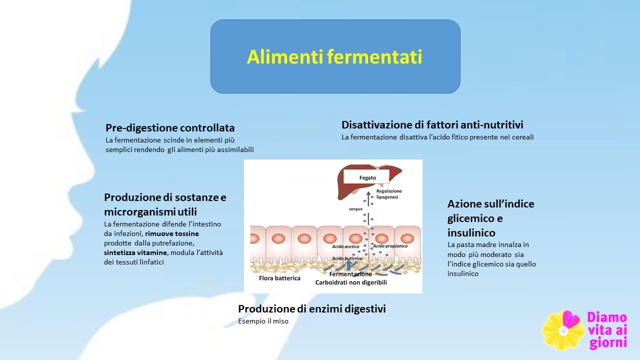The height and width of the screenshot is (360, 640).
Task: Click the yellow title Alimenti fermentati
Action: [334, 56]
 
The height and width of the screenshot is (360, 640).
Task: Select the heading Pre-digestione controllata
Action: [170, 128]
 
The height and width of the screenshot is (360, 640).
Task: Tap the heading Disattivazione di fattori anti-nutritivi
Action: [432, 125]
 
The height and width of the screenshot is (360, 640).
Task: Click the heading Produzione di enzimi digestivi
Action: [311, 309]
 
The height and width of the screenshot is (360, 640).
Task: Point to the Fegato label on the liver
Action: [367, 177]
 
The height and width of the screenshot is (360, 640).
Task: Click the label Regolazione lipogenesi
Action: [389, 194]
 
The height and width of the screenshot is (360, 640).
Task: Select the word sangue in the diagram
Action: [355, 209]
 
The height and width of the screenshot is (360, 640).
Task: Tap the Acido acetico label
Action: [345, 246]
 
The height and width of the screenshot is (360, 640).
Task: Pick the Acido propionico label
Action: [390, 246]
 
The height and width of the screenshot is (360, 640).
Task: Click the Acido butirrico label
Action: [347, 258]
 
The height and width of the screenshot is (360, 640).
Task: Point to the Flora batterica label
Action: [279, 278]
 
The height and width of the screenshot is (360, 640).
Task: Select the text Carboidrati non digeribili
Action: [351, 282]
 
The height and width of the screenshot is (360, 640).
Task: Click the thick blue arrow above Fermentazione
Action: [348, 265]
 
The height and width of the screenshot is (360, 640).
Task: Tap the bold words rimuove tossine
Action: [172, 233]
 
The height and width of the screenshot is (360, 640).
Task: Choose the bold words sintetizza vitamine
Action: [135, 253]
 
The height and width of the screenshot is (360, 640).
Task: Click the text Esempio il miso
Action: [263, 321]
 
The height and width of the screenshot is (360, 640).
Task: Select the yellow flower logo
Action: [563, 331]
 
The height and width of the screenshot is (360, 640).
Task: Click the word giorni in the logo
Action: [608, 343]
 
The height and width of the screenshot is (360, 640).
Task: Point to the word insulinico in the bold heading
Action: [471, 233]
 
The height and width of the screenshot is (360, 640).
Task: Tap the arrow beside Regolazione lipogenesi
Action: [368, 198]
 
